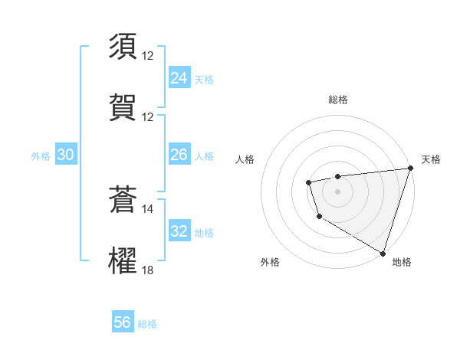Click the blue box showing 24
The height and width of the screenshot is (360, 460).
(179, 77)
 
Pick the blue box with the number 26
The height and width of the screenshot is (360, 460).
(179, 155)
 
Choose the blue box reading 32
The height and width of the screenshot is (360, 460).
(179, 231)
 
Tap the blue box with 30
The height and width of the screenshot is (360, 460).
(65, 155)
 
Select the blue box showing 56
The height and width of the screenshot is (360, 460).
(123, 322)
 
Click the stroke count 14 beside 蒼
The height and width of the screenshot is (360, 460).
(147, 208)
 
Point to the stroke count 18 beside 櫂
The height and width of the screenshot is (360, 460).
(147, 270)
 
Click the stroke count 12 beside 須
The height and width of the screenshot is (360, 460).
(147, 55)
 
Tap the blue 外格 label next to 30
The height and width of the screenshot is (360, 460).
(41, 155)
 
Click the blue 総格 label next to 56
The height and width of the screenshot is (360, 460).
(147, 324)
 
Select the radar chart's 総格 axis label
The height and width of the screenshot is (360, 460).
(337, 100)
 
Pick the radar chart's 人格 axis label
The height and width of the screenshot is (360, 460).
(245, 159)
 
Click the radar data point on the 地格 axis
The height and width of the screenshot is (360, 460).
(383, 252)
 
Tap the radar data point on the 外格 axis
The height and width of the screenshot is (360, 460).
(319, 217)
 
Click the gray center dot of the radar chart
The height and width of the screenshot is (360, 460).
(337, 191)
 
